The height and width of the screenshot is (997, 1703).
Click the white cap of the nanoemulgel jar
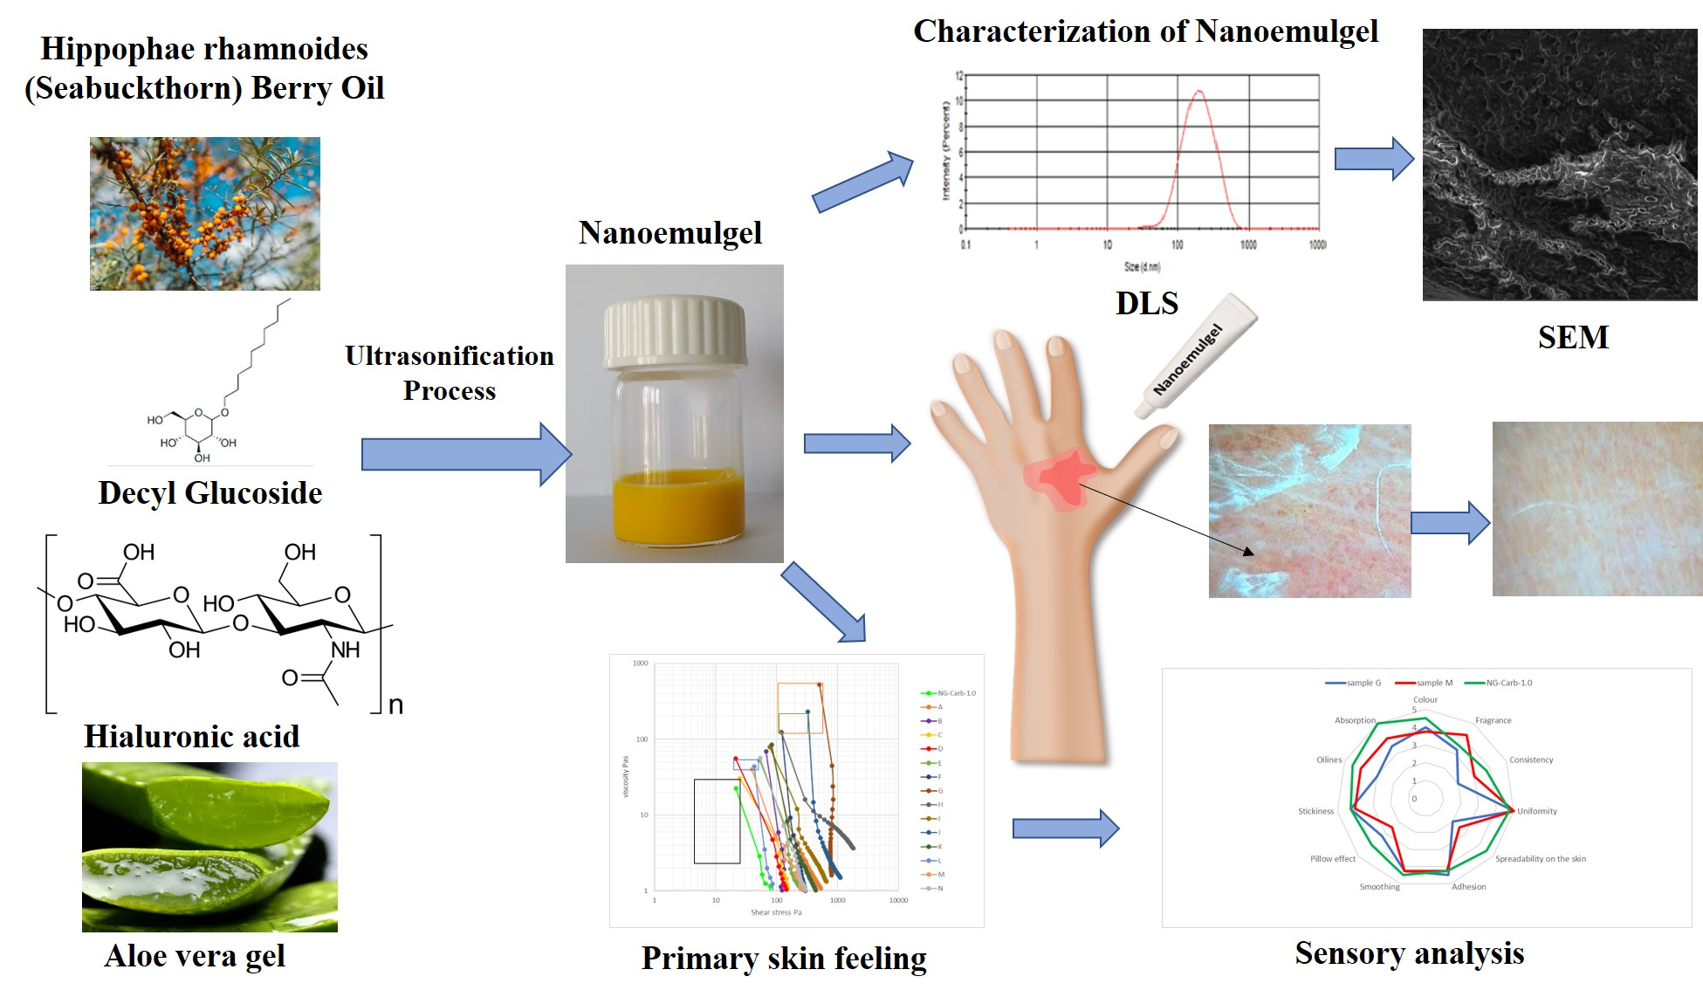pos(675,332)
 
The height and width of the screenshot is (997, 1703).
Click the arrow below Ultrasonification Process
pos(466,454)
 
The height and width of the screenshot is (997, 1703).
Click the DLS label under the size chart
pos(1146,303)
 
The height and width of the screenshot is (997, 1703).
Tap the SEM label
pos(1573,337)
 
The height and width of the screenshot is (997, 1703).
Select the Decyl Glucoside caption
pos(210,493)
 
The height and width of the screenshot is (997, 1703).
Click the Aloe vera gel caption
pos(195,956)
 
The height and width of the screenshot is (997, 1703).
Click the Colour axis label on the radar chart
pos(1425,699)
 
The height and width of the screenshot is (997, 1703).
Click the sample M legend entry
pos(1433,683)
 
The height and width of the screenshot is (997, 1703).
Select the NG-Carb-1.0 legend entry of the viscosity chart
pos(956,693)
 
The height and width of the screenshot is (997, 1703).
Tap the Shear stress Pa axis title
pos(776,912)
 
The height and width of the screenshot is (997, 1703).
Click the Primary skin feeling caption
pos(784,959)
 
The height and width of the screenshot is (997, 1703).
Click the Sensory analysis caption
pos(1409,953)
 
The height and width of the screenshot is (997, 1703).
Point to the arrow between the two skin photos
pos(1450,523)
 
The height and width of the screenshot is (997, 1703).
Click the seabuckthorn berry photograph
pos(205,214)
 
